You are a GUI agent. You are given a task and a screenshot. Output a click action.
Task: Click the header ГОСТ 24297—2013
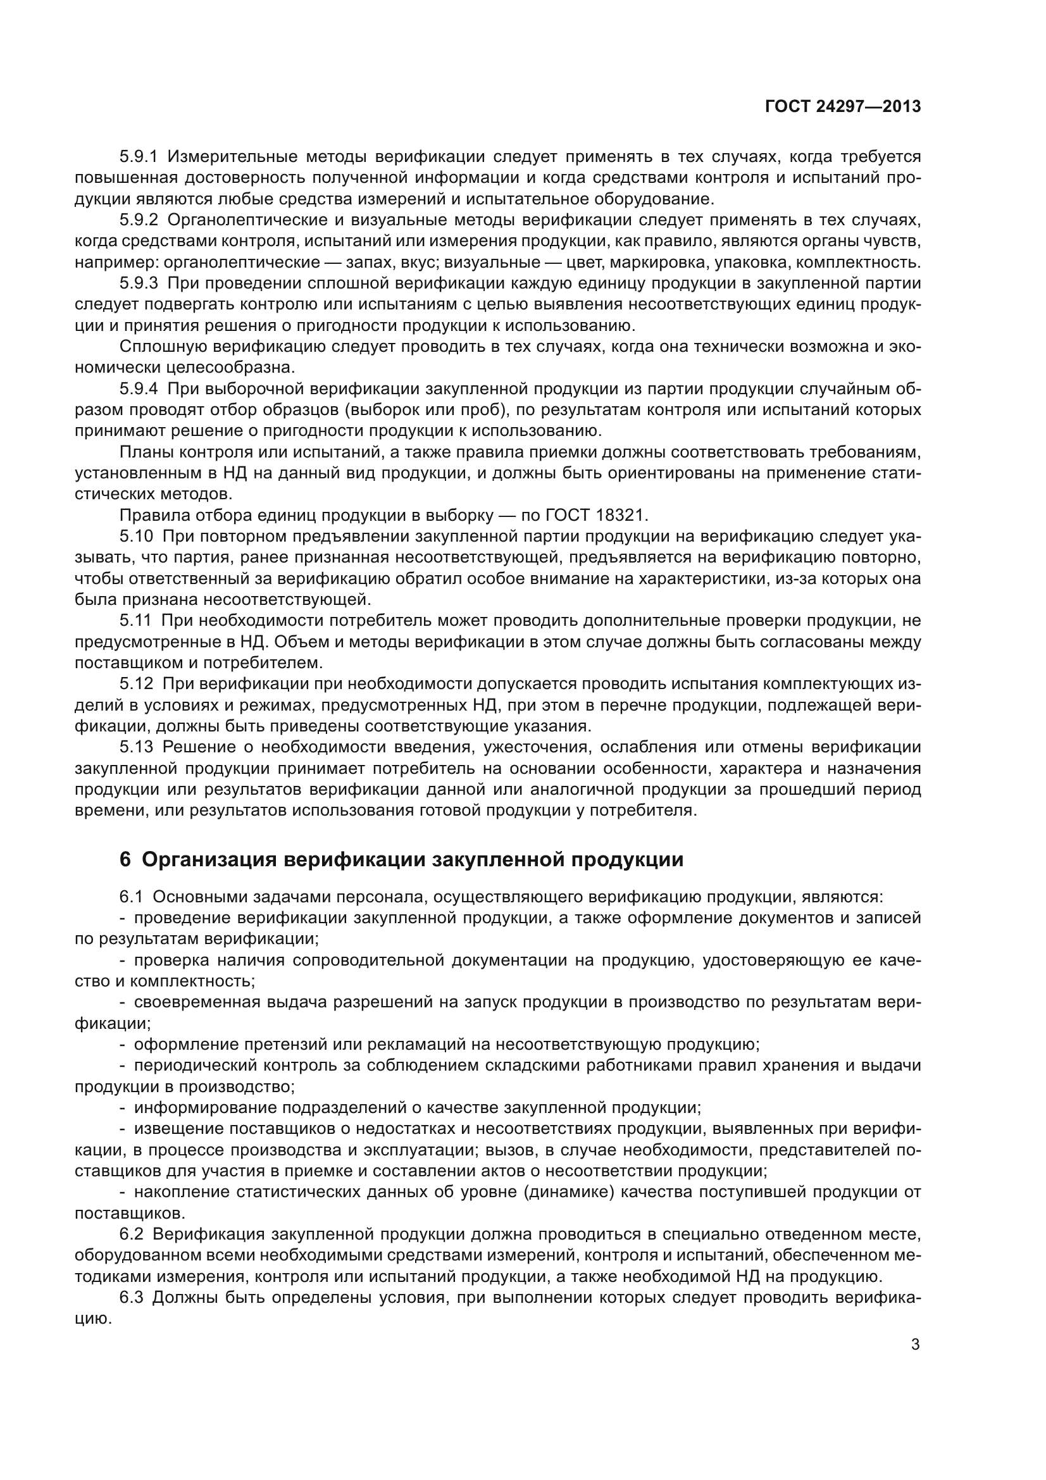[843, 106]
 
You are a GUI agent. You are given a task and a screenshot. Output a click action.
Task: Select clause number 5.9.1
[139, 157]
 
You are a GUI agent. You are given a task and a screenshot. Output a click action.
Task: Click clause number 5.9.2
[139, 220]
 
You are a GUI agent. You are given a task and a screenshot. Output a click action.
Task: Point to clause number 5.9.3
[139, 283]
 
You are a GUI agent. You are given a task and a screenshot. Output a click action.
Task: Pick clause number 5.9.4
[139, 389]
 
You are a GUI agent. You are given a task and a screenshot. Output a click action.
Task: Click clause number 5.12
[136, 684]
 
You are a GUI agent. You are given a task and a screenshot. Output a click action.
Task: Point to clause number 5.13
[136, 747]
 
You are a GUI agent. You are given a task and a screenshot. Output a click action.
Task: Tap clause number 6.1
[132, 897]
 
